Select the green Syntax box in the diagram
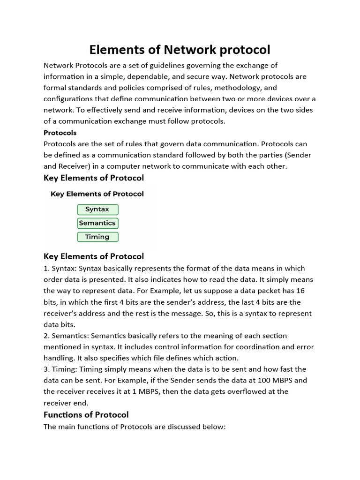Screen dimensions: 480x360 (97, 210)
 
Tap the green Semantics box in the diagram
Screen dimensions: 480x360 (97, 223)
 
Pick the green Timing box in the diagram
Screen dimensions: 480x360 (97, 237)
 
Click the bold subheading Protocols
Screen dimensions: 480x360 (60, 133)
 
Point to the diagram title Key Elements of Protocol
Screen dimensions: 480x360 (97, 194)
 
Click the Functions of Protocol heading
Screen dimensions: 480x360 (86, 414)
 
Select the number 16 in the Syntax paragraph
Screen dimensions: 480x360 (300, 291)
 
